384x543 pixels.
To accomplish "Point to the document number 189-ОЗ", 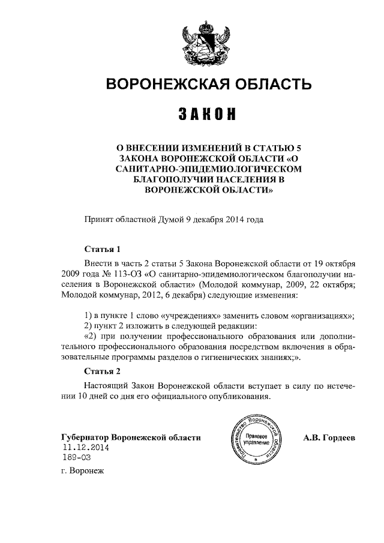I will tap(77, 458).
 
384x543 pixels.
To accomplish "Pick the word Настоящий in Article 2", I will tap(108, 385).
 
